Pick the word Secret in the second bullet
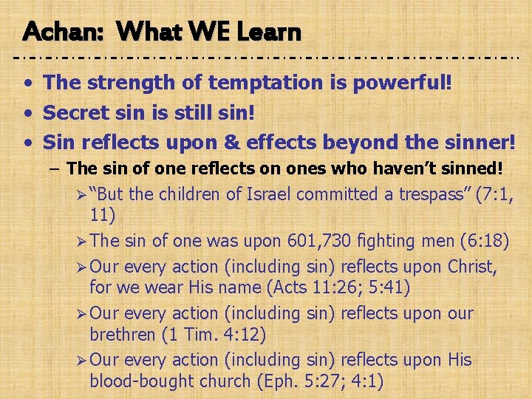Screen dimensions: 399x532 coord(75,112)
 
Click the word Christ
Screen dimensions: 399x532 coord(471,266)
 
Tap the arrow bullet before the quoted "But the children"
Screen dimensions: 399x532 coord(81,196)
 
